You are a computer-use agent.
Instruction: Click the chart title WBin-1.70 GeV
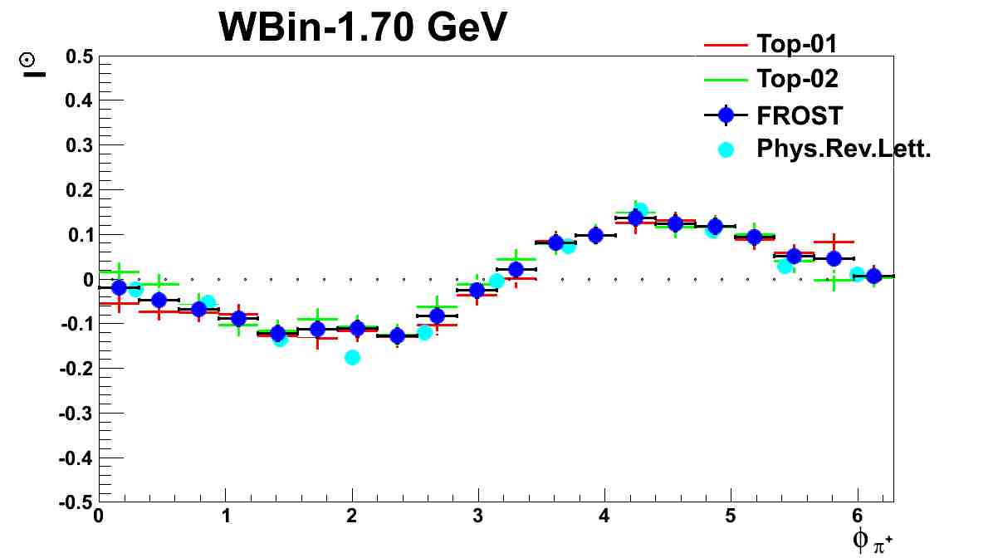pos(362,28)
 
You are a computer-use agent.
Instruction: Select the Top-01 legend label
pos(797,43)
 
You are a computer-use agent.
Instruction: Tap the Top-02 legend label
pos(797,79)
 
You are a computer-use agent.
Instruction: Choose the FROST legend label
pos(800,115)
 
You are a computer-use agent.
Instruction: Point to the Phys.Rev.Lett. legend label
pos(839,149)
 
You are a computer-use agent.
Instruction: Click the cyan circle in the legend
pos(726,150)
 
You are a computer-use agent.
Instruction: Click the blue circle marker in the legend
pos(726,115)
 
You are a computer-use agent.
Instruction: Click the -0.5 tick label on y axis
pos(75,502)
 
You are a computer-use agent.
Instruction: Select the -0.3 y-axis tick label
pos(75,413)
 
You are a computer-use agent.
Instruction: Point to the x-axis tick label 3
pos(478,516)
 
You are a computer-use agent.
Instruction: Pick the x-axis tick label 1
pos(225,516)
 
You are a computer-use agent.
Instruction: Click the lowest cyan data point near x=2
pos(352,357)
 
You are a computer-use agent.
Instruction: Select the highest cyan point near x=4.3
pos(639,210)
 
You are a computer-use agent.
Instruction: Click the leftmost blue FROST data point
pos(119,287)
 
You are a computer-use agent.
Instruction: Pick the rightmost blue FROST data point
pos(873,277)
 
